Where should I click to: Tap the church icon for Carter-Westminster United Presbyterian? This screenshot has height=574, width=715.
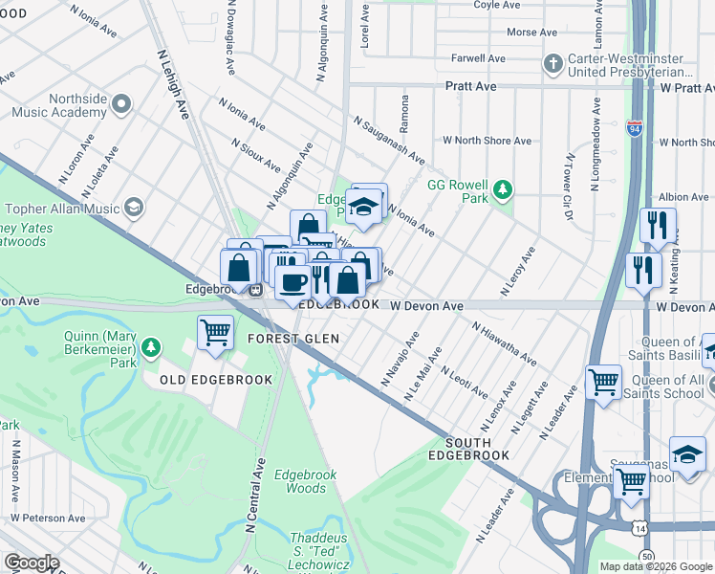pos(552,64)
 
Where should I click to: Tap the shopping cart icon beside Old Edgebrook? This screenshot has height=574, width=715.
pos(215,334)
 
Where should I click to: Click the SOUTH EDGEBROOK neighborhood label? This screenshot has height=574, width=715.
pos(481,449)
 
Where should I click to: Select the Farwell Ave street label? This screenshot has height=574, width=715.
pos(478,58)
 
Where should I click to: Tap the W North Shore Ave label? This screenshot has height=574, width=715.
pos(492,141)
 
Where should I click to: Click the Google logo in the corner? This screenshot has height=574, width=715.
pos(32,563)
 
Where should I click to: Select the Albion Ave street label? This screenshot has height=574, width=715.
pos(682,197)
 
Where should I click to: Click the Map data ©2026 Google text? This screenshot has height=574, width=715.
pos(655,566)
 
